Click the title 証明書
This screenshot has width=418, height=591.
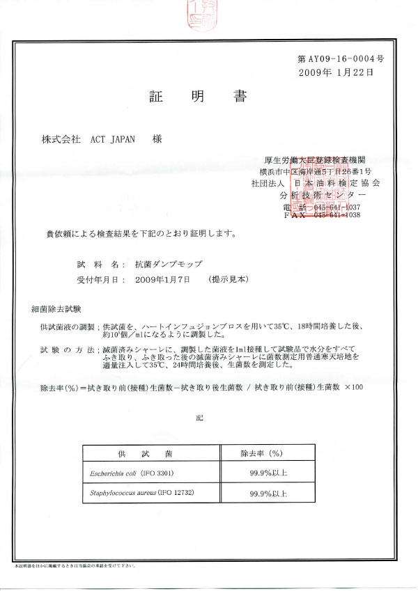pyautogui.click(x=196, y=96)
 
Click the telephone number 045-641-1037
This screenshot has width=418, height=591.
pyautogui.click(x=336, y=207)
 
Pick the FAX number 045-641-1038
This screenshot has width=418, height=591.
pyautogui.click(x=336, y=216)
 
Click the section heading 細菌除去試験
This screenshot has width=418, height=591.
pyautogui.click(x=56, y=308)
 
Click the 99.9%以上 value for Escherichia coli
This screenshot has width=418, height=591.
pyautogui.click(x=268, y=473)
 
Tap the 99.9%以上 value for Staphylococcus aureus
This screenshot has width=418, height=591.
pyautogui.click(x=268, y=493)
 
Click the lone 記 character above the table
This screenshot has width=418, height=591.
pyautogui.click(x=201, y=417)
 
